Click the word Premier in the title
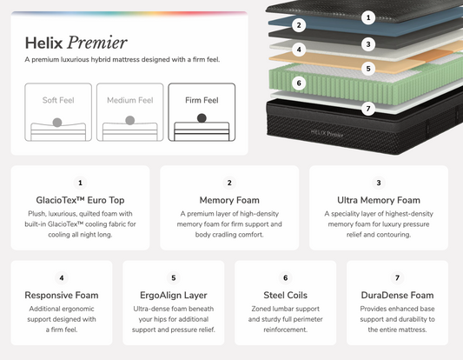[97, 43]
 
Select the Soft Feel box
[58, 112]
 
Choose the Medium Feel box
[130, 112]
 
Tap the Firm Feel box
[202, 112]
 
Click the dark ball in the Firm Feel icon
[202, 118]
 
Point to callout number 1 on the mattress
[368, 17]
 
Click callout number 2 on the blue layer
[299, 25]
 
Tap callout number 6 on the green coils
[299, 83]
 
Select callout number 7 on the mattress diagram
[368, 109]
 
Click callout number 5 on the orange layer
[368, 69]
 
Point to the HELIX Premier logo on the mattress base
[327, 133]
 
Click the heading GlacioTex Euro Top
[80, 200]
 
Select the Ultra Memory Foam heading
[379, 200]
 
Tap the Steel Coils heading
[285, 295]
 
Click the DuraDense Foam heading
[397, 295]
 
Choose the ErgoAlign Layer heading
[174, 295]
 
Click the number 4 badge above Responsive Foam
[62, 278]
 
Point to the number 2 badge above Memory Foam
[229, 183]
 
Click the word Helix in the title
[43, 43]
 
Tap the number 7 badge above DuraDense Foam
[397, 278]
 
